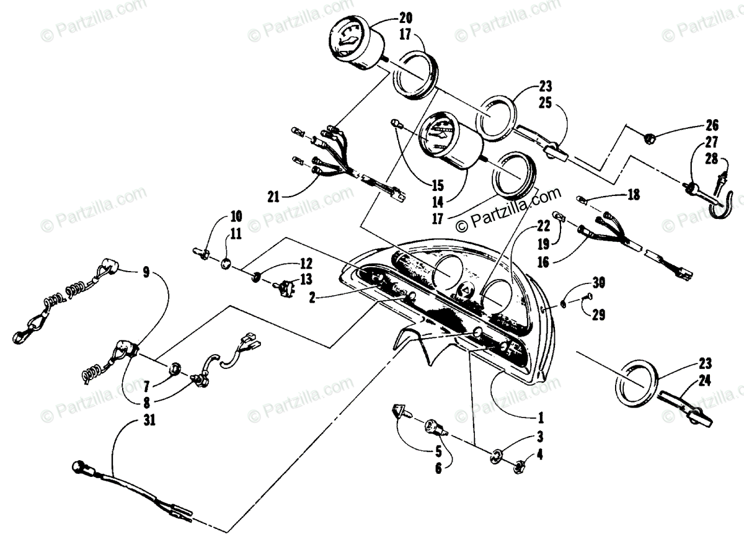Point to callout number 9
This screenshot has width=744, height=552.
(146, 271)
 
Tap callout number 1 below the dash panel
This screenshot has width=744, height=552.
(540, 416)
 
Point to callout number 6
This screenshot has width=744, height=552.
(438, 469)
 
